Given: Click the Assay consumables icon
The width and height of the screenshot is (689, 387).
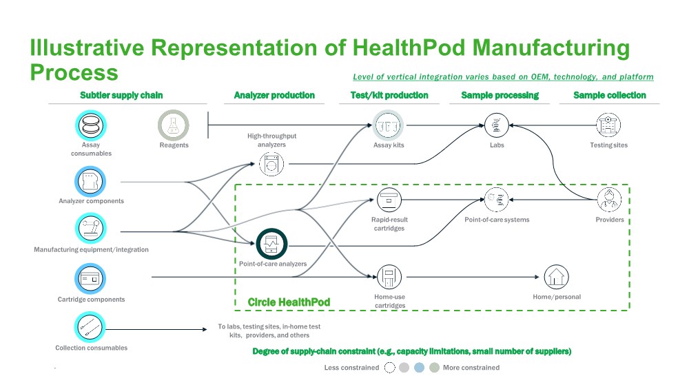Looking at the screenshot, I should click(91, 126).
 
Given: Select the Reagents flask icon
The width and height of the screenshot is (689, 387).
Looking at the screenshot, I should click(173, 125).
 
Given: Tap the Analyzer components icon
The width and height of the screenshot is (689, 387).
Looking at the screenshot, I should click(91, 182).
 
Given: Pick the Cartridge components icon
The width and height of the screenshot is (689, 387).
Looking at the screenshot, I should click(91, 279).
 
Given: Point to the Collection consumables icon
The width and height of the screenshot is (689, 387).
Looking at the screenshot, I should click(91, 328).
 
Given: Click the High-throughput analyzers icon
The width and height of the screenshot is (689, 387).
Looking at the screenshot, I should click(271, 164).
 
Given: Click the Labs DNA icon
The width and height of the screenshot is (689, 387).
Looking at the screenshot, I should click(496, 126).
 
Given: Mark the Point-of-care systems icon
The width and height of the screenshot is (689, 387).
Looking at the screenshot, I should click(496, 200).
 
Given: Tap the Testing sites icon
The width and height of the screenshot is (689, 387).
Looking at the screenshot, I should click(609, 126).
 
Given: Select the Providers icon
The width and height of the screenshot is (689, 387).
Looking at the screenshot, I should click(609, 200).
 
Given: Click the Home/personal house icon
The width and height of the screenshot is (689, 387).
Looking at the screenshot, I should click(556, 278).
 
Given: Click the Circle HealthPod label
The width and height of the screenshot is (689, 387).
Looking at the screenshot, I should click(289, 302).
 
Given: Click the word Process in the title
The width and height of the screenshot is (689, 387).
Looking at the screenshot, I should click(74, 72).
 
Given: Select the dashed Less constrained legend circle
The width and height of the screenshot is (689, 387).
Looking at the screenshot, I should click(389, 368).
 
